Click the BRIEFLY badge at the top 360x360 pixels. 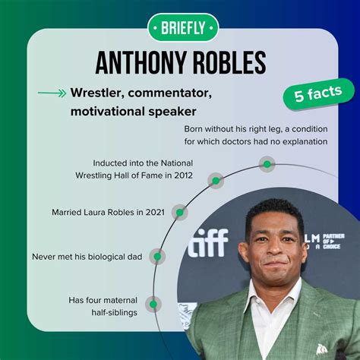point(179,28)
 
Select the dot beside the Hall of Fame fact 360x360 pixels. point(216,181)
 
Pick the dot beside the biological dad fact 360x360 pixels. point(157,257)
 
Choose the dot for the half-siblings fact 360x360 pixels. point(153,305)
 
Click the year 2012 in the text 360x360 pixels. point(180,176)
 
